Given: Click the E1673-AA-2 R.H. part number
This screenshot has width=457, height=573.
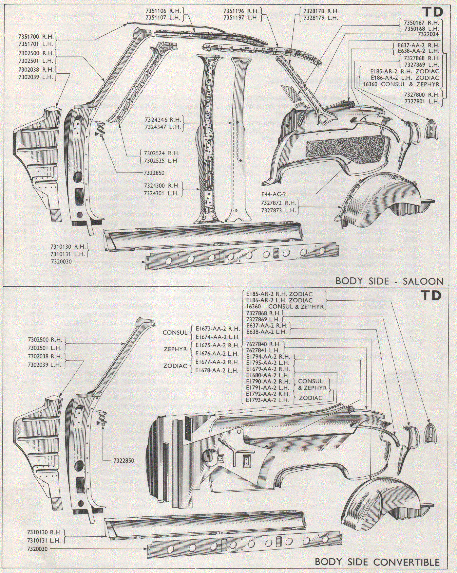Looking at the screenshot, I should coord(218,329).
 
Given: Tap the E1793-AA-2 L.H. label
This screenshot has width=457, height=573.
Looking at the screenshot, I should coord(268,400).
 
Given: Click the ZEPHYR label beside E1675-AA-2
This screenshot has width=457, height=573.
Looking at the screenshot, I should coord(175,349).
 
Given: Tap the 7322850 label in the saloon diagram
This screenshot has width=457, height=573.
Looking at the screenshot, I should coord(154,173).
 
